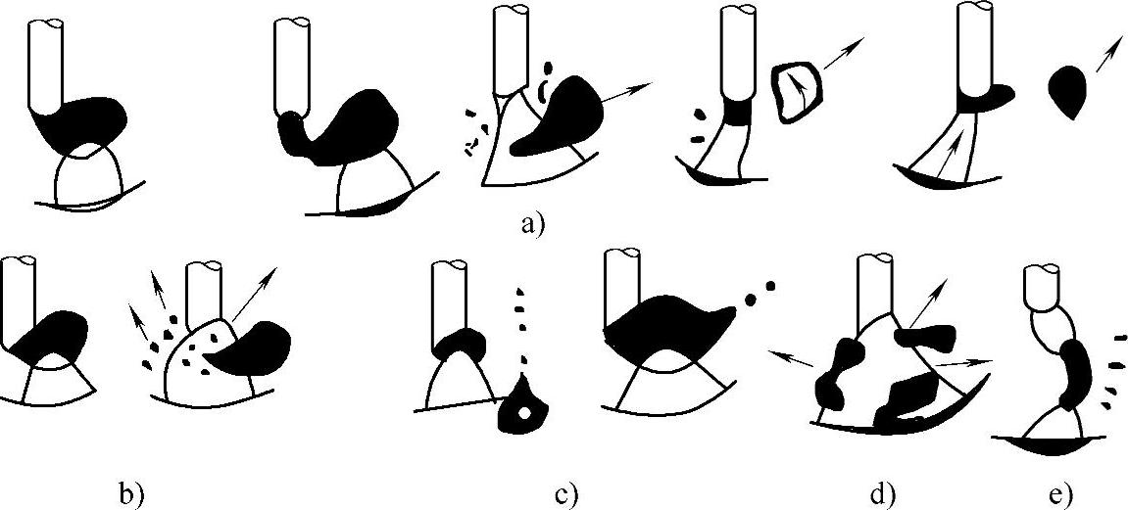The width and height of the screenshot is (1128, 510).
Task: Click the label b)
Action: pos(131,494)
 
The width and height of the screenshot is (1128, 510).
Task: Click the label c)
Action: pos(566,495)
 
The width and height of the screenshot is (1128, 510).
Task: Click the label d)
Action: pos(882,494)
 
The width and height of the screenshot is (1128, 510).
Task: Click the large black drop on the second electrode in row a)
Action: pos(348,122)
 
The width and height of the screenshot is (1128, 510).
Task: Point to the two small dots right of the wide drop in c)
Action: pos(760,289)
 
